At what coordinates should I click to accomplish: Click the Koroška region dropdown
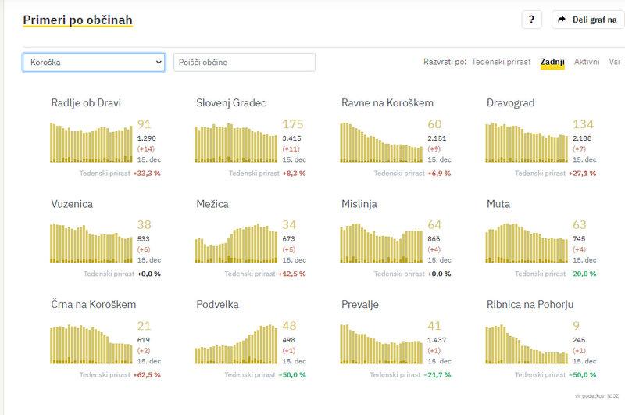pos(94,63)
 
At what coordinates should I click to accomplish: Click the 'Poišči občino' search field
pos(244,63)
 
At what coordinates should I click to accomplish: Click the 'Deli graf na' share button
pos(587,20)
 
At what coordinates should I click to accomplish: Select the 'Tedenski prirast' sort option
pos(501,62)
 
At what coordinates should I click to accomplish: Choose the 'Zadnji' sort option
pos(552,62)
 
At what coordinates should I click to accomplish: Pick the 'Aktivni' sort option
pos(587,62)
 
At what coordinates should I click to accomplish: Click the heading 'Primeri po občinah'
pos(77,20)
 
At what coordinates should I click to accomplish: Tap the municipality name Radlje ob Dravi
pos(86,102)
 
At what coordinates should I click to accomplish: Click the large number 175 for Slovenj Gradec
pos(293,124)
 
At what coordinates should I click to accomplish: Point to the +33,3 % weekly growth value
pos(145,174)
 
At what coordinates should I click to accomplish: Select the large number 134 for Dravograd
pos(583,124)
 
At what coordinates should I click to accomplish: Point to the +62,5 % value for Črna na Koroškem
pos(145,375)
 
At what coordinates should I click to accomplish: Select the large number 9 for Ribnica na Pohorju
pos(576,326)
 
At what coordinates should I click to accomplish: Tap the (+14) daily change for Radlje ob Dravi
pos(146,148)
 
